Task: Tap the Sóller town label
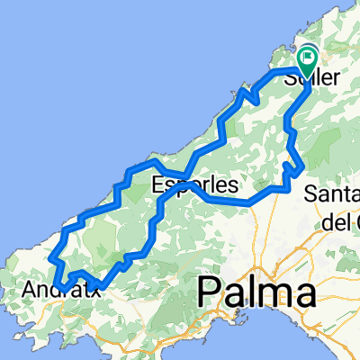312,78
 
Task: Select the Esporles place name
195,186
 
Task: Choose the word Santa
333,194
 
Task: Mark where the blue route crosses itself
184,175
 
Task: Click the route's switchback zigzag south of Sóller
291,166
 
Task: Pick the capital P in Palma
209,293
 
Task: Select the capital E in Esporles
159,186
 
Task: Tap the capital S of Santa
311,194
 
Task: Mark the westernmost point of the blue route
51,261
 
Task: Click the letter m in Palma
274,295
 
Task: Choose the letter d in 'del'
327,219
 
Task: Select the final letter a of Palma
305,295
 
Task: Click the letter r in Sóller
337,78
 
